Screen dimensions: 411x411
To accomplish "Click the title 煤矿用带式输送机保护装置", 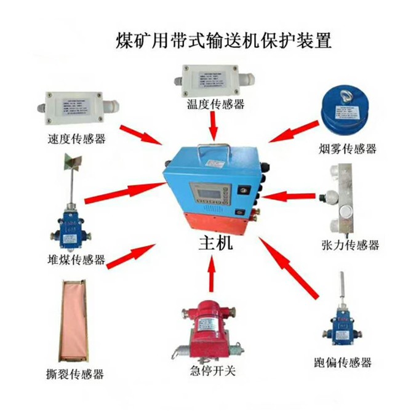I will [224, 40].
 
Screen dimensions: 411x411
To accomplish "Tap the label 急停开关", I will [212, 370].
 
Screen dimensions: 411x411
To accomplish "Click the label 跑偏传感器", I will [343, 362].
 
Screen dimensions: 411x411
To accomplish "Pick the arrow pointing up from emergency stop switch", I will [212, 274].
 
